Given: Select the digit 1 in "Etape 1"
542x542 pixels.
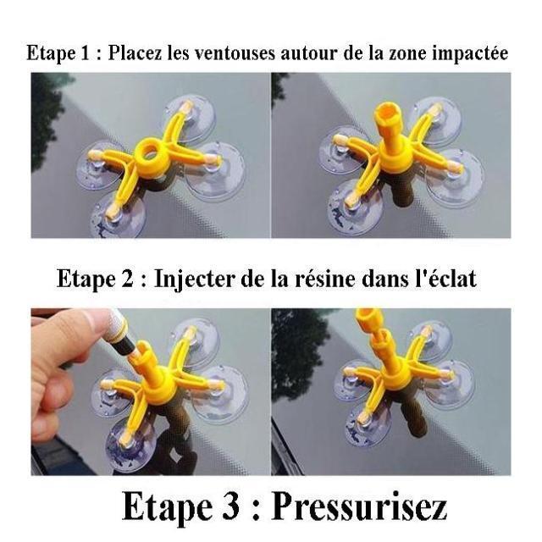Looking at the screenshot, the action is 85,53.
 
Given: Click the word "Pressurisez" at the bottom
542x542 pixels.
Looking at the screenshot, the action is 359,506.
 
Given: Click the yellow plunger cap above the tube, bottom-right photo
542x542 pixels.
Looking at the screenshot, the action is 369,318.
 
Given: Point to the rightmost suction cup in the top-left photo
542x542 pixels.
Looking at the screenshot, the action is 214,172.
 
